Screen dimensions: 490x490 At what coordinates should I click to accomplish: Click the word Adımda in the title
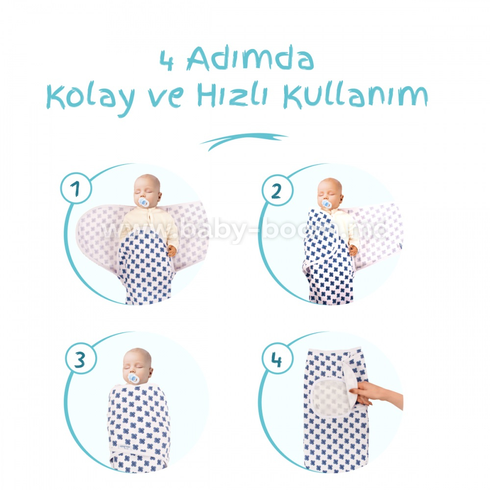(x=250, y=58)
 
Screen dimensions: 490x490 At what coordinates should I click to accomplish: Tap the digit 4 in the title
(x=167, y=60)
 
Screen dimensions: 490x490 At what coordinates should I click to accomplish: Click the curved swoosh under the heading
(x=244, y=141)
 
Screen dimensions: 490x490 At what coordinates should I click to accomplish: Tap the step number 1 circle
(x=76, y=188)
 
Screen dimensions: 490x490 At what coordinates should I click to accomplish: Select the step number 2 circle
(x=277, y=190)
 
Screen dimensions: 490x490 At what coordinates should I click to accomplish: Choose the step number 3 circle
(x=81, y=359)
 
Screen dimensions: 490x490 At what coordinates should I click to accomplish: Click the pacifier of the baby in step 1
(x=143, y=202)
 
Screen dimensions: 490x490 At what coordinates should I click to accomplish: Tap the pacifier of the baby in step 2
(x=326, y=203)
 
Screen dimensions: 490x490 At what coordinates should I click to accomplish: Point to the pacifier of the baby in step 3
(x=133, y=378)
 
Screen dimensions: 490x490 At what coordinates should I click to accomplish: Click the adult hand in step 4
(x=376, y=394)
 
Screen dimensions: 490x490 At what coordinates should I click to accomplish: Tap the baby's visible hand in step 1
(x=172, y=250)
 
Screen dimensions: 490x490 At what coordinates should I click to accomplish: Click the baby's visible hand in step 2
(x=353, y=250)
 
